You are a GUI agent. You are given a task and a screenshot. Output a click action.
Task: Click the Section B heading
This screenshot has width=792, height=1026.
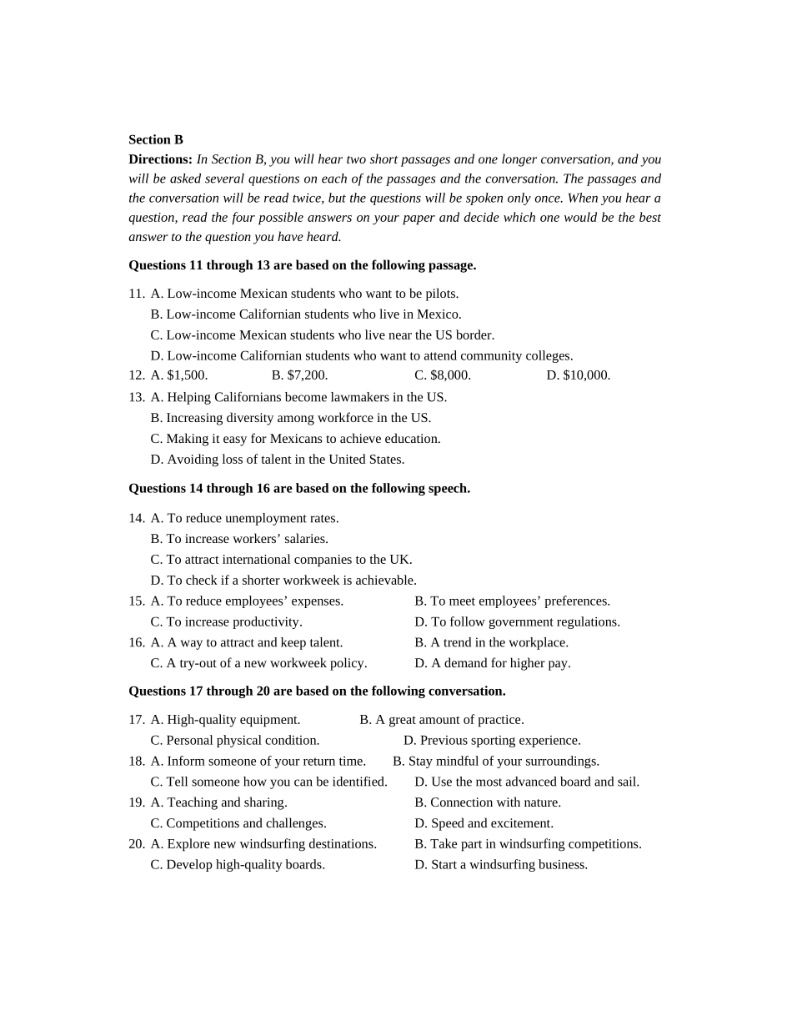coord(156,139)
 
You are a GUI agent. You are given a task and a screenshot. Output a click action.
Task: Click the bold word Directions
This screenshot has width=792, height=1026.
coord(160,159)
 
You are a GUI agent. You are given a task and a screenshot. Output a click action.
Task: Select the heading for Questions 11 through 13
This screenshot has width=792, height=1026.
coord(302,265)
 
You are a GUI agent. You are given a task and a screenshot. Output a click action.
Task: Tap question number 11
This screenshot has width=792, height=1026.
coord(136,294)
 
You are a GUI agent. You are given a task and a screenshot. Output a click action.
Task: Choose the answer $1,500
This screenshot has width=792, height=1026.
coord(179,375)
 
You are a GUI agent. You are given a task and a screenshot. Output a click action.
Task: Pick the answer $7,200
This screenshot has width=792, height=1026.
coord(299,375)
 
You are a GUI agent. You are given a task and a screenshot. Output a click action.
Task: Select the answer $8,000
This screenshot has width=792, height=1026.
coord(443,375)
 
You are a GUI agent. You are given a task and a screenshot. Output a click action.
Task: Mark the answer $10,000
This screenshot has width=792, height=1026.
coord(579,375)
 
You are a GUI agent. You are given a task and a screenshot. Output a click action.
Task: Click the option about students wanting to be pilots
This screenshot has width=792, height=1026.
coord(304,294)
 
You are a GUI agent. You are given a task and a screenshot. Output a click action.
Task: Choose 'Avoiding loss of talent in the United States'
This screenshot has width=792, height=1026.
coord(278,460)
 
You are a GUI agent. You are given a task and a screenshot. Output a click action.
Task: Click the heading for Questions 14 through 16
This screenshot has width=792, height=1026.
coord(299,489)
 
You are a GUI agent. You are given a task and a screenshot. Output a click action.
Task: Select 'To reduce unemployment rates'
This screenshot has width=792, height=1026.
coord(244,518)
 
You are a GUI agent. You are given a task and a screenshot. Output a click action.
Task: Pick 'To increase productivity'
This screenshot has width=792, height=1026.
coord(226,622)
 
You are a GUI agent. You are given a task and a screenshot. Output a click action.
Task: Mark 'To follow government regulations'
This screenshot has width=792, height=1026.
coord(517,622)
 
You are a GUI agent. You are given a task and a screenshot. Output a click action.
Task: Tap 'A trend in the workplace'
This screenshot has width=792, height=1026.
coord(491,643)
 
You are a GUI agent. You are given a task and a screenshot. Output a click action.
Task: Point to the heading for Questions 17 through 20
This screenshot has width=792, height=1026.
coord(317,692)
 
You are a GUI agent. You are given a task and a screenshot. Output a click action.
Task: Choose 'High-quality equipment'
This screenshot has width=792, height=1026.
coord(225,720)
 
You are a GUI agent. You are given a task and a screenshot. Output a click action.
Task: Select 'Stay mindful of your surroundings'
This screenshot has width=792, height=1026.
coord(496,762)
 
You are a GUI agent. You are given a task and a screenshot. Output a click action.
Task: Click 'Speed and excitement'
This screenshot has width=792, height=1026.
coord(484,824)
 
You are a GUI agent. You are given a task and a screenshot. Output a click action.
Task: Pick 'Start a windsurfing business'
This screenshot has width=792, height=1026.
coord(501,865)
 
